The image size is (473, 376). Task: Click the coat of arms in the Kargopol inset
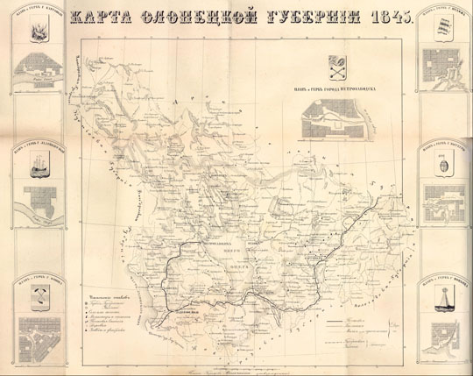39,33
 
